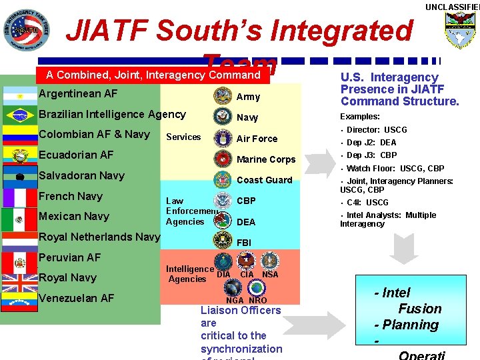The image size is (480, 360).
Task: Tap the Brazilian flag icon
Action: point(20,115)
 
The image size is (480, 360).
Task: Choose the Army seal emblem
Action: point(222,96)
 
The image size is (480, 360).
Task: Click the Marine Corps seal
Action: point(222,159)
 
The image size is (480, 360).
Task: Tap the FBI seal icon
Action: point(222,241)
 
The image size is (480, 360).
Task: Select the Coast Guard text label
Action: point(265,180)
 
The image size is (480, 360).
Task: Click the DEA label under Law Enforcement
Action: point(246,222)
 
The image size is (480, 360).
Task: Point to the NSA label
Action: point(270,275)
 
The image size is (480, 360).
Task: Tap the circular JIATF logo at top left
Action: point(26,30)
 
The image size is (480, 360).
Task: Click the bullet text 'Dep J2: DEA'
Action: point(371,143)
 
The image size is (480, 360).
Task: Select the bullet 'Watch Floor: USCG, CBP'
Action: point(395,169)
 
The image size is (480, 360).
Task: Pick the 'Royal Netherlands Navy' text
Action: point(99,237)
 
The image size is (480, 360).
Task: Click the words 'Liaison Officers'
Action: point(241,310)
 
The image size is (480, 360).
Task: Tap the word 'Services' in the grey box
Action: point(183,137)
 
